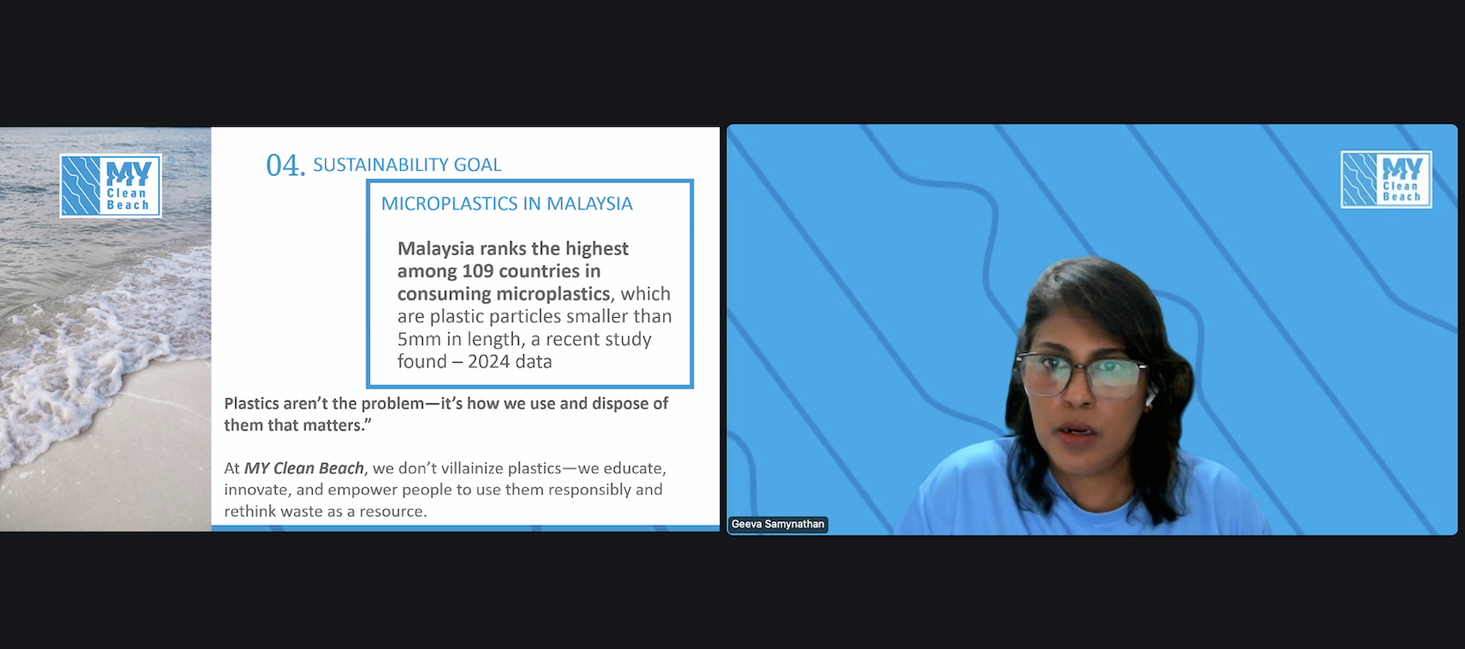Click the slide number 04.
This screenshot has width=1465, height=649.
pyautogui.click(x=285, y=166)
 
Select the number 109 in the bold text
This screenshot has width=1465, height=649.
pyautogui.click(x=477, y=270)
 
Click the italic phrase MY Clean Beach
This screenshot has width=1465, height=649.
pyautogui.click(x=304, y=468)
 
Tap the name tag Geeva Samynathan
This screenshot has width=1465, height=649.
pyautogui.click(x=778, y=524)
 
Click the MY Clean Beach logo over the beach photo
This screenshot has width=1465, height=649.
pyautogui.click(x=110, y=185)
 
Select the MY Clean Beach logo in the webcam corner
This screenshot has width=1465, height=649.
pyautogui.click(x=1386, y=179)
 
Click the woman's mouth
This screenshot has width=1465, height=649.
pyautogui.click(x=1076, y=431)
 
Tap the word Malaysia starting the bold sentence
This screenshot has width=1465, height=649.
pyautogui.click(x=435, y=248)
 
